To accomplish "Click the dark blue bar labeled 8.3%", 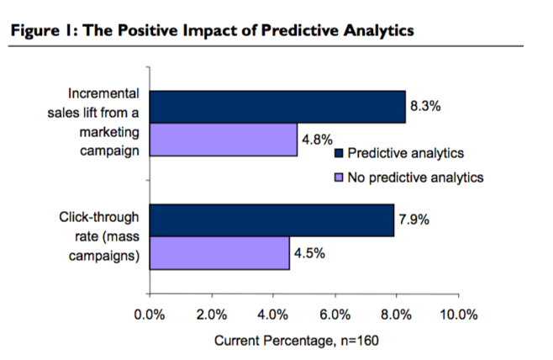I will tap(277, 107).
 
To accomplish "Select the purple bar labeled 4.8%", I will tap(224, 140).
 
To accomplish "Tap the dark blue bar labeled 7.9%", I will tap(271, 220).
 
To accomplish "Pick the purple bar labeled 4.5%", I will tap(219, 252).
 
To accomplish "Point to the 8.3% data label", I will tap(424, 107).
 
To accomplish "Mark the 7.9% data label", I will tap(413, 220).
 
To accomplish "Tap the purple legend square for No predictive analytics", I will tap(340, 177).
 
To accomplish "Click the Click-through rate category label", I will tap(98, 236).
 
